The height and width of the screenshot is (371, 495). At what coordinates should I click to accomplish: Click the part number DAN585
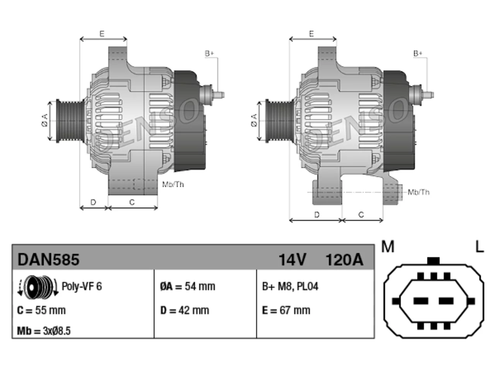[x=48, y=259]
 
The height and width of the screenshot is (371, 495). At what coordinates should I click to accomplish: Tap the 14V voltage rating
[x=292, y=260]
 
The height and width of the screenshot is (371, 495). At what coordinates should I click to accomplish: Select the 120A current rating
[x=344, y=260]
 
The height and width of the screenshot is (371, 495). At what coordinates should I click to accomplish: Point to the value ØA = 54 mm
[x=188, y=286]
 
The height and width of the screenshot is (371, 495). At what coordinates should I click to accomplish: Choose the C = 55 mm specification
[x=41, y=310]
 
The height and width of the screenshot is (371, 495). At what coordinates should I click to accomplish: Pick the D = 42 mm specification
[x=185, y=310]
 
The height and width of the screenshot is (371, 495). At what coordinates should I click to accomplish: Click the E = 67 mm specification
[x=286, y=310]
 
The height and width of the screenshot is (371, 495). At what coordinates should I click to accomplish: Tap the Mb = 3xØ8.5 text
[x=44, y=331]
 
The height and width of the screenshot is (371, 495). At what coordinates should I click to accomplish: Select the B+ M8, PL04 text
[x=290, y=286]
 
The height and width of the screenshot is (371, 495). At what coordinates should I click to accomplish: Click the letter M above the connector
[x=387, y=247]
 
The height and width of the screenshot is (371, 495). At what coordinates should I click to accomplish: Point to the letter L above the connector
[x=480, y=247]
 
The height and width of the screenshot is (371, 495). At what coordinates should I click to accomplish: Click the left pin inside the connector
[x=421, y=301]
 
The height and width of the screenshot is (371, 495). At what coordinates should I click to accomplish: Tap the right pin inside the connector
[x=446, y=301]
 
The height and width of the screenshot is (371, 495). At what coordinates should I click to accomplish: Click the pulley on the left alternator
[x=70, y=121]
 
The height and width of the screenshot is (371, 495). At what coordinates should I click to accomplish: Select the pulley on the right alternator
[x=280, y=121]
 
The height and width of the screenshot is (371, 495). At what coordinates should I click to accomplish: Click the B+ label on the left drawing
[x=209, y=54]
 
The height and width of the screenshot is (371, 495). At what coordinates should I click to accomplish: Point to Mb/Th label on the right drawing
[x=418, y=192]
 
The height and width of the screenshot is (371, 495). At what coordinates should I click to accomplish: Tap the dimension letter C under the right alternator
[x=361, y=214]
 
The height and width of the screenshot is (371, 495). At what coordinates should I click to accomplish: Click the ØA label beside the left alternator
[x=45, y=120]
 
